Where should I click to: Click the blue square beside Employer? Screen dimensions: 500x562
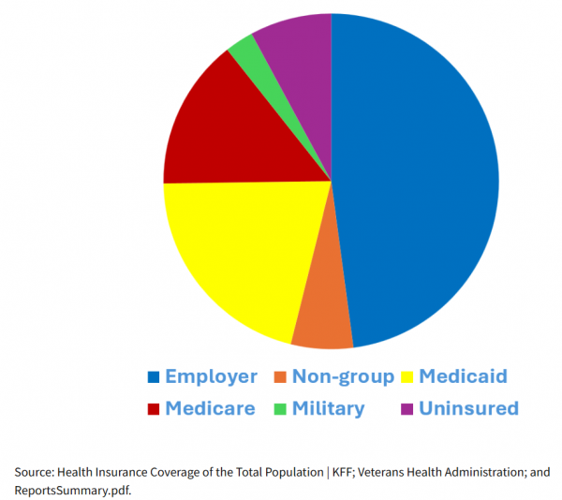153,377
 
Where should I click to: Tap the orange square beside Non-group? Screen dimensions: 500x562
280,377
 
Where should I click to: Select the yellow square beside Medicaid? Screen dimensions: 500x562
407,377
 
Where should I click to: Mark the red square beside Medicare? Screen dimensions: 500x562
153,409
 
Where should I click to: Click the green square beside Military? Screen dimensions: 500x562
280,409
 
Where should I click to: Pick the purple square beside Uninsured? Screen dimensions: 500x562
407,409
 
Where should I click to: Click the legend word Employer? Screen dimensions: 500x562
211,376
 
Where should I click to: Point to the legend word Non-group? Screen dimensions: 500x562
343,376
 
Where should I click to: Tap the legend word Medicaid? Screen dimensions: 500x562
463,376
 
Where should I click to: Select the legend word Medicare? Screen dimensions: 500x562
210,408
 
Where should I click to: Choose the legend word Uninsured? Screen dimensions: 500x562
468,408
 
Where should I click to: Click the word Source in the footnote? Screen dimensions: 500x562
33,472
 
